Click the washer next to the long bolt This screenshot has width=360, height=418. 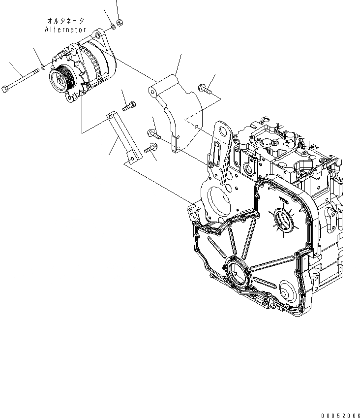click(43, 66)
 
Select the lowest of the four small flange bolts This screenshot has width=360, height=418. click(150, 147)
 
